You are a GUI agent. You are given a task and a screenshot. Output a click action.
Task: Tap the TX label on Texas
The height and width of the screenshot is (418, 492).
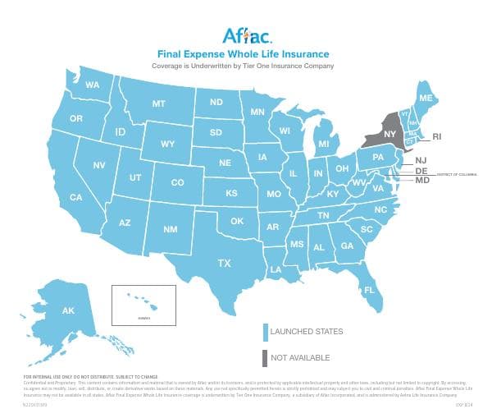pyautogui.click(x=224, y=264)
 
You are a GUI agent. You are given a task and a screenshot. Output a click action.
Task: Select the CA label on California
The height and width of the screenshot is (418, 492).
pyautogui.click(x=75, y=197)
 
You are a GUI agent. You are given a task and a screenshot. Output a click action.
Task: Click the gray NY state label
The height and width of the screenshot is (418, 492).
pyautogui.click(x=389, y=134)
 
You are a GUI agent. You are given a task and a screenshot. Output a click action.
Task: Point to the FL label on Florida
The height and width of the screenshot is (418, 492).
pyautogui.click(x=369, y=290)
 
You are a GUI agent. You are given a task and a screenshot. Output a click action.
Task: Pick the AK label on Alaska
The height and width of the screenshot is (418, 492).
pyautogui.click(x=68, y=310)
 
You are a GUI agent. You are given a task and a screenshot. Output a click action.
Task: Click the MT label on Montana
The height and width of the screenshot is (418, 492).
pyautogui.click(x=159, y=104)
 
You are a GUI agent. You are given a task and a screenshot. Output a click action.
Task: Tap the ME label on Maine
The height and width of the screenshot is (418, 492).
pyautogui.click(x=426, y=98)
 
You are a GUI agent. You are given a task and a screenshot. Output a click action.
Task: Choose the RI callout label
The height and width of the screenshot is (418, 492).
pyautogui.click(x=437, y=136)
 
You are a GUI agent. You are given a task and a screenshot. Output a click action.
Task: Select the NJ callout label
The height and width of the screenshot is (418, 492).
pyautogui.click(x=421, y=160)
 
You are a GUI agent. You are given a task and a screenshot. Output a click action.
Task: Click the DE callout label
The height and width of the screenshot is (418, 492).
pyautogui.click(x=421, y=171)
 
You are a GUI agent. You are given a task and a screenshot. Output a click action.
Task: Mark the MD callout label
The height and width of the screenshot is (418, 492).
pyautogui.click(x=423, y=180)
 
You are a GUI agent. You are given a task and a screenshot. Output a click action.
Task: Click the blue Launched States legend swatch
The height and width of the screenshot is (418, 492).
pyautogui.click(x=265, y=332)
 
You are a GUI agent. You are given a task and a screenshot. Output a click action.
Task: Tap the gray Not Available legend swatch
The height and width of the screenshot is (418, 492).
pyautogui.click(x=265, y=358)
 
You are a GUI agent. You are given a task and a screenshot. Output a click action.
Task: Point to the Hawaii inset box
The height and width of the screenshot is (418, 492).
pyautogui.click(x=143, y=305)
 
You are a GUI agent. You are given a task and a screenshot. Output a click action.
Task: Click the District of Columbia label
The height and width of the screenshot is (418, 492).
pyautogui.click(x=458, y=175)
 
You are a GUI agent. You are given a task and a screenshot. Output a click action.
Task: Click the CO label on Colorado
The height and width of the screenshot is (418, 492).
pyautogui.click(x=178, y=182)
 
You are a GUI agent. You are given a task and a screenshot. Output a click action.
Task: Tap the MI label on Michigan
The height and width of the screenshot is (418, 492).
pyautogui.click(x=324, y=145)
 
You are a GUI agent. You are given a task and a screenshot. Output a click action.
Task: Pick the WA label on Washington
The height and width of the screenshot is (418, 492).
pyautogui.click(x=92, y=85)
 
